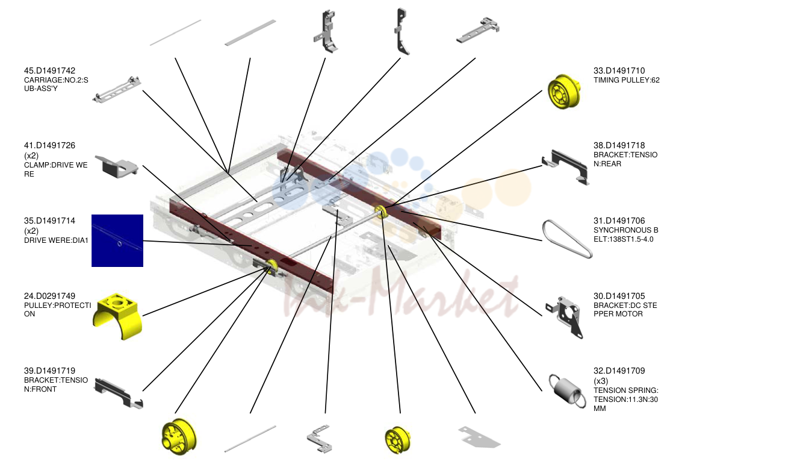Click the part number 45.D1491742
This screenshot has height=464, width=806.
pyautogui.click(x=49, y=71)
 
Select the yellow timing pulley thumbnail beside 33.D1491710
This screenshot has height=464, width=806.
pyautogui.click(x=564, y=91)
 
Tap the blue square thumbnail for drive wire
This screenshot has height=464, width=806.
pyautogui.click(x=117, y=240)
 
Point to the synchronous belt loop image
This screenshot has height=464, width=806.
pyautogui.click(x=566, y=239)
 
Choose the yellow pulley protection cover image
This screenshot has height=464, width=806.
pyautogui.click(x=117, y=316)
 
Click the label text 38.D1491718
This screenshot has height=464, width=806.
pyautogui.click(x=619, y=146)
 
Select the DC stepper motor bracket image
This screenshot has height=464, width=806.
pyautogui.click(x=564, y=317)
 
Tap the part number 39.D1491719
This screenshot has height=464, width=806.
pyautogui.click(x=49, y=371)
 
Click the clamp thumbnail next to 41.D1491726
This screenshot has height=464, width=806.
pyautogui.click(x=117, y=166)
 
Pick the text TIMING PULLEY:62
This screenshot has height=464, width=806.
pyautogui.click(x=627, y=80)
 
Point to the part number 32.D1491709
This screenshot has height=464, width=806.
pyautogui.click(x=619, y=371)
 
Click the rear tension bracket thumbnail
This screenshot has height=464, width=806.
pyautogui.click(x=566, y=167)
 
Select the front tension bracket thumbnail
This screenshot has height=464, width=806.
pyautogui.click(x=119, y=393)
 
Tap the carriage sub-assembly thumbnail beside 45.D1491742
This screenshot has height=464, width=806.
pyautogui.click(x=117, y=89)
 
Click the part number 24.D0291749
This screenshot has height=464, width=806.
pyautogui.click(x=49, y=296)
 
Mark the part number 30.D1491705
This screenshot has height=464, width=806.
pyautogui.click(x=619, y=296)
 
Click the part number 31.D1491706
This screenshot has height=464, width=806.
pyautogui.click(x=619, y=221)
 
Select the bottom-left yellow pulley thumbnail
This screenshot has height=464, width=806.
pyautogui.click(x=179, y=437)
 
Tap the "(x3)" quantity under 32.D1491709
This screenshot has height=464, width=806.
pyautogui.click(x=601, y=381)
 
